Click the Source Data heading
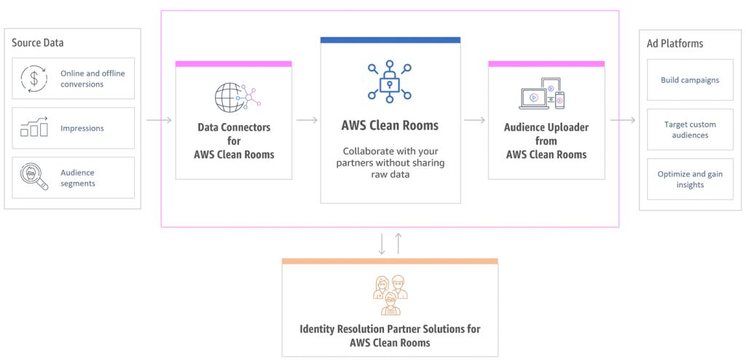click(38, 43)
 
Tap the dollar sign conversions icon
click(34, 78)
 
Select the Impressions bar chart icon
click(34, 128)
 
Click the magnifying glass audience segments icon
click(34, 177)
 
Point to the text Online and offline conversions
click(92, 79)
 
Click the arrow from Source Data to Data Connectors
click(159, 120)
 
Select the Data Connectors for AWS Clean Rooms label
click(233, 141)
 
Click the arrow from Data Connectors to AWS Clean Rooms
click(306, 120)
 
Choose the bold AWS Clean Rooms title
click(390, 125)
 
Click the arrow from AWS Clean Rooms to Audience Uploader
click(474, 120)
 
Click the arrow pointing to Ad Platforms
click(624, 120)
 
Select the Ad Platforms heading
click(675, 44)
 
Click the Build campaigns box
click(689, 79)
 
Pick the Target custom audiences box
click(689, 130)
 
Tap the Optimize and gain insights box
click(689, 179)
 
